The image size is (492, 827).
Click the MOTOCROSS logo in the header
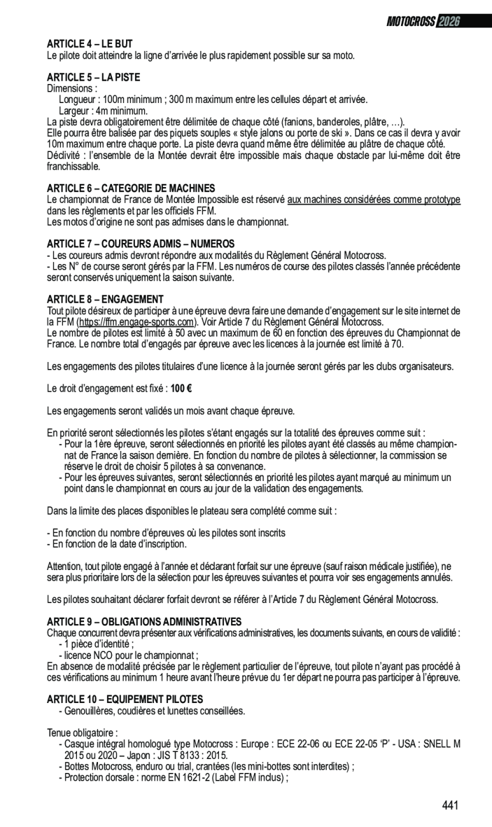[411, 22]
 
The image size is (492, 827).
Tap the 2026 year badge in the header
[448, 22]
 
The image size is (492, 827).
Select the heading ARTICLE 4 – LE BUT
[90, 44]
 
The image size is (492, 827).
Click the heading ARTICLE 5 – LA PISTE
[94, 77]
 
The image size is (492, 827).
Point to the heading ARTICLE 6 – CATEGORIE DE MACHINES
[131, 188]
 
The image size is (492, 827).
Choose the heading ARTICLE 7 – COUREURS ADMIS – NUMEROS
[141, 244]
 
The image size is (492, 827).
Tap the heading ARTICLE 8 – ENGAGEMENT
[105, 299]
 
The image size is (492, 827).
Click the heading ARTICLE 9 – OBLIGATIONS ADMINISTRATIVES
[144, 622]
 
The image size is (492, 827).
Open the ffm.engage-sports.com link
[135, 323]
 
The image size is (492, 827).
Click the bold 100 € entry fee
[177, 388]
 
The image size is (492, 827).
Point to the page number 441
[450, 805]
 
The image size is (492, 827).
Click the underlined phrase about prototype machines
[374, 200]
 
